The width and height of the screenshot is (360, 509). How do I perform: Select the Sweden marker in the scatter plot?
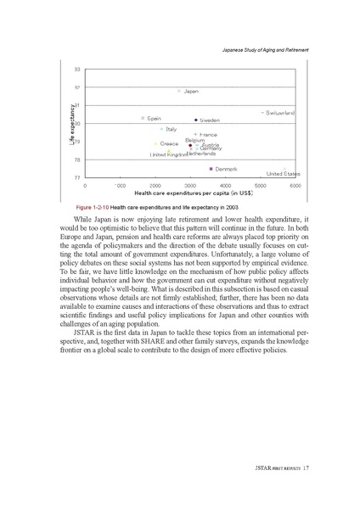[196, 120]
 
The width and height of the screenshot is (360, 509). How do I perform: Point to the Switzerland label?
[280, 112]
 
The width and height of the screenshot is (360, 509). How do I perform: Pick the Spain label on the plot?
[155, 119]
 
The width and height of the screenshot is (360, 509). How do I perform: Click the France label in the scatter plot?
[208, 135]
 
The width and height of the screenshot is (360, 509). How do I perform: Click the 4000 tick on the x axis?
[225, 184]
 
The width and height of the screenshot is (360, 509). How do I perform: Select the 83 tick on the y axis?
[77, 69]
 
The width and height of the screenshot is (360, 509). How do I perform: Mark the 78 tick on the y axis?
[77, 159]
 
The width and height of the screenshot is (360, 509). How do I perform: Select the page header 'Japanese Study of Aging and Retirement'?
[262, 52]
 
